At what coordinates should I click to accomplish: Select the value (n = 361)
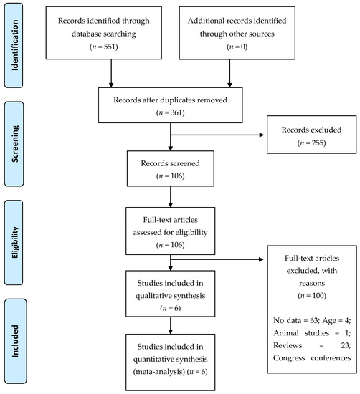coord(172,113)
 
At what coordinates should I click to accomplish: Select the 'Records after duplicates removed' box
coord(172,107)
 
